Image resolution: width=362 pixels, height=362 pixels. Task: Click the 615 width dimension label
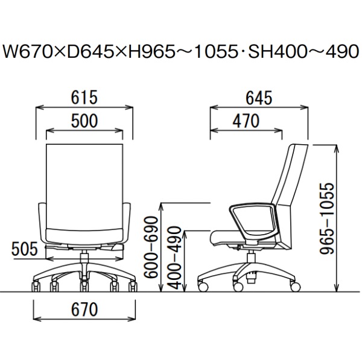pyautogui.click(x=84, y=97)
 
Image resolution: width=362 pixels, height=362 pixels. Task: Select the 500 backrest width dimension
pyautogui.click(x=84, y=121)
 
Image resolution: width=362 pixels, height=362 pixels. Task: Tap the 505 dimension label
pyautogui.click(x=25, y=249)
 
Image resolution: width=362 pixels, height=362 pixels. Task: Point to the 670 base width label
pyautogui.click(x=84, y=310)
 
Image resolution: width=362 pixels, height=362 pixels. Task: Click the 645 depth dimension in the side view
pyautogui.click(x=259, y=98)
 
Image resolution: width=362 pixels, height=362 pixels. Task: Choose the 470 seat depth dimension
pyautogui.click(x=246, y=121)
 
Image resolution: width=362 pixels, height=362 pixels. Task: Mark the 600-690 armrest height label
pyautogui.click(x=151, y=247)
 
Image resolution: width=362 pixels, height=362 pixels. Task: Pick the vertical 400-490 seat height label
pyautogui.click(x=174, y=258)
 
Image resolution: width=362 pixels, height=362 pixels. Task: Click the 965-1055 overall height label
pyautogui.click(x=327, y=218)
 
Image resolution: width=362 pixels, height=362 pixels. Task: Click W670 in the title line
pyautogui.click(x=27, y=51)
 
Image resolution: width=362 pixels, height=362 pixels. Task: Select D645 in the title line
pyautogui.click(x=87, y=51)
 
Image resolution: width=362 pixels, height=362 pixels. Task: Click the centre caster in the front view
pyautogui.click(x=84, y=285)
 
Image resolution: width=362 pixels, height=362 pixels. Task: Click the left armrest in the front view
pyautogui.click(x=43, y=222)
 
